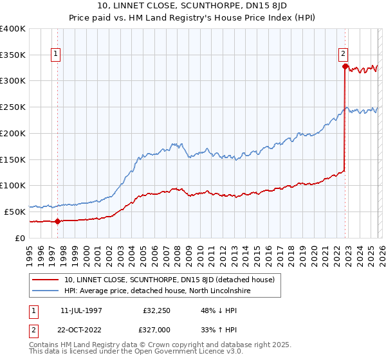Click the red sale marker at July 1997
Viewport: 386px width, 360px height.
coord(57,221)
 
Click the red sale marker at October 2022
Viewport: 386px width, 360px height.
coord(345,66)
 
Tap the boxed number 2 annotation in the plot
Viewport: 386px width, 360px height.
coord(344,54)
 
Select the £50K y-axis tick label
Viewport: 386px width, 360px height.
coord(15,212)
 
